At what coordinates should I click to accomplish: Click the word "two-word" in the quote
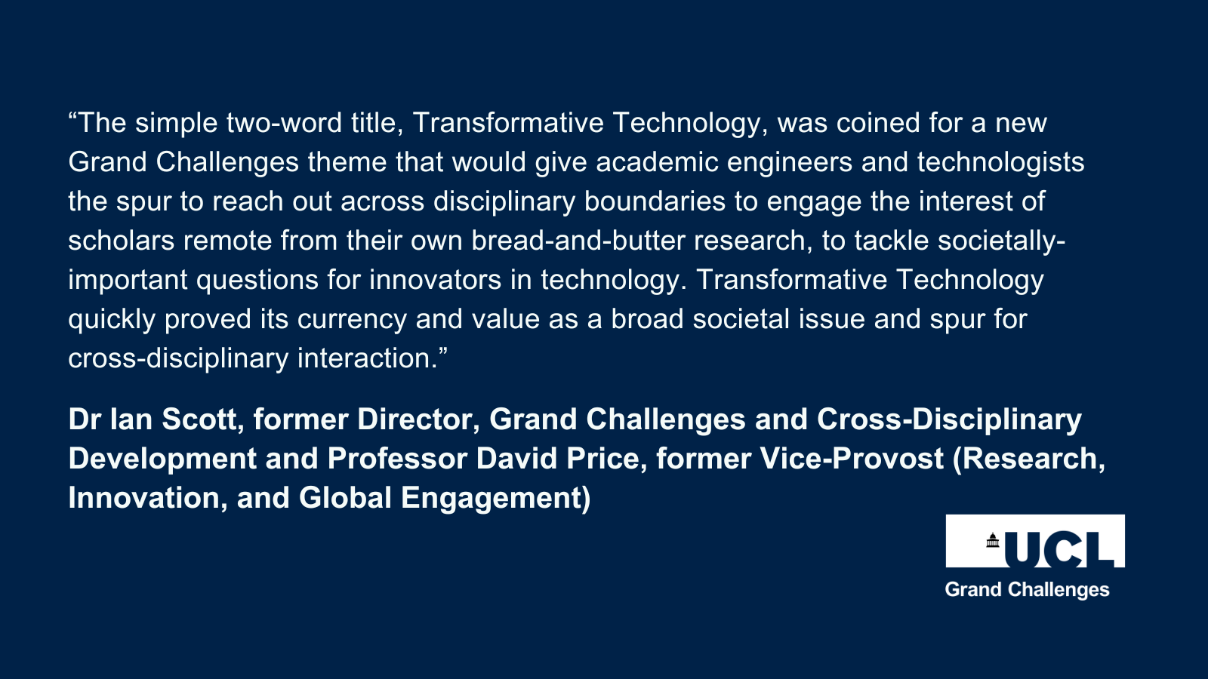tap(284, 123)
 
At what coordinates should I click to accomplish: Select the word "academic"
tap(657, 162)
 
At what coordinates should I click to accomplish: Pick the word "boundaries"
tap(655, 201)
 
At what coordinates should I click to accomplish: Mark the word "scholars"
tap(122, 241)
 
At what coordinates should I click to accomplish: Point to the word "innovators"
tap(435, 280)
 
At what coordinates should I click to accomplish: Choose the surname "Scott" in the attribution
tap(199, 419)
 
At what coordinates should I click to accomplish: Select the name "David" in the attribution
tap(516, 459)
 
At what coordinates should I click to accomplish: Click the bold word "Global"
tap(345, 498)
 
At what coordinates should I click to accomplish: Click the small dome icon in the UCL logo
tap(993, 540)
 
